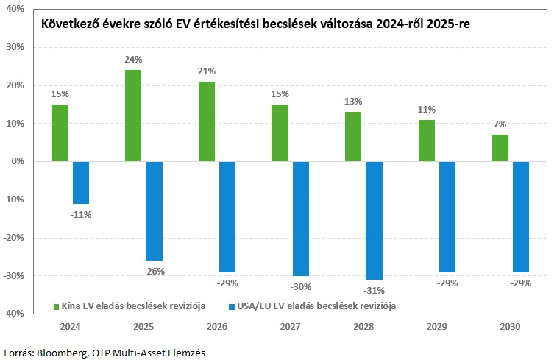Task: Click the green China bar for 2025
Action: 133,116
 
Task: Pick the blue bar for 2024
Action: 81,183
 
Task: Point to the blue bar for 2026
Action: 227,216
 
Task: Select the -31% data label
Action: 374,290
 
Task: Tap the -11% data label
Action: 81,215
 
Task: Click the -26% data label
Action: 154,271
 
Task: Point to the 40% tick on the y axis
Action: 15,9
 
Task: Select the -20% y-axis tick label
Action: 14,237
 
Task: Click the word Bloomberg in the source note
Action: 63,353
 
